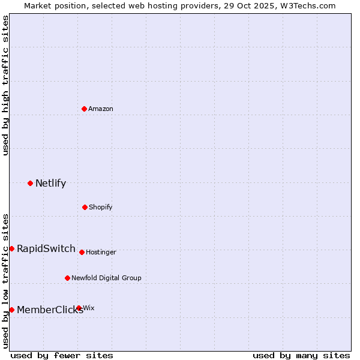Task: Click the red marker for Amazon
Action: (85, 109)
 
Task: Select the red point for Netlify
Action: (30, 183)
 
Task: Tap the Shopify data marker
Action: (85, 207)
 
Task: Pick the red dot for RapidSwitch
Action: (11, 248)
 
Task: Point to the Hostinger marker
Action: (82, 252)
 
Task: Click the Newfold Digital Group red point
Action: (67, 278)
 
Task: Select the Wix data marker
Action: (79, 308)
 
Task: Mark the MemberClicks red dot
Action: (11, 310)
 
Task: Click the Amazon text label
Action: (101, 109)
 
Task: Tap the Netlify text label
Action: (50, 184)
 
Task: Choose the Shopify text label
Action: (101, 207)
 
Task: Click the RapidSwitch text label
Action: (46, 249)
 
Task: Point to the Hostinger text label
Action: (101, 252)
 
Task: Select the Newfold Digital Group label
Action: (106, 278)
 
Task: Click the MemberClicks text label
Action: (50, 310)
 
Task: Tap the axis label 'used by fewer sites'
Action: (62, 355)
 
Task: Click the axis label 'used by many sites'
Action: (301, 355)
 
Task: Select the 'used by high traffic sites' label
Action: (6, 85)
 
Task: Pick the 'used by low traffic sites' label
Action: (6, 281)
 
